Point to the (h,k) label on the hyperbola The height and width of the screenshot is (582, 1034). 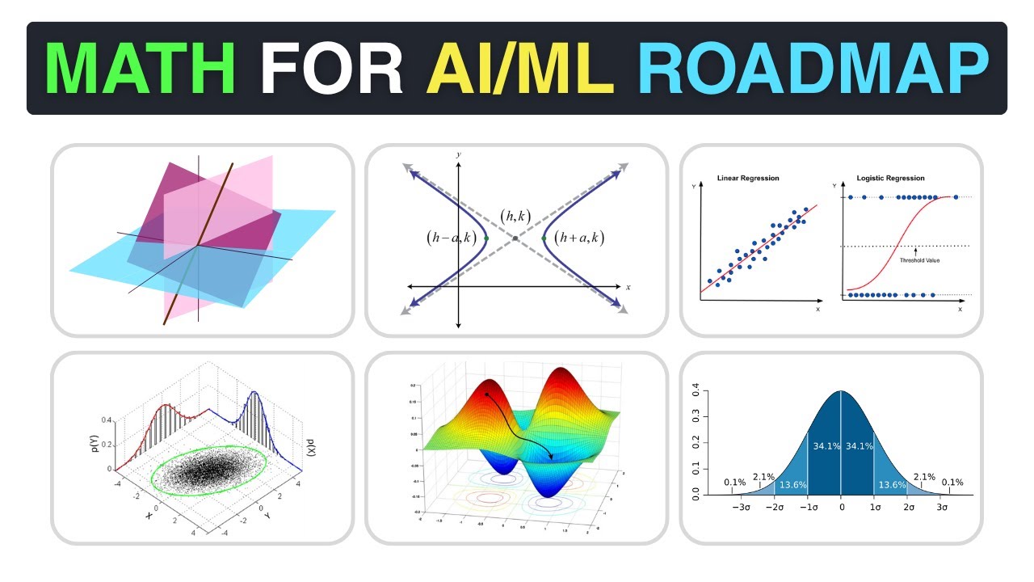515,217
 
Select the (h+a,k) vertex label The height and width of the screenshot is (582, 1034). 579,238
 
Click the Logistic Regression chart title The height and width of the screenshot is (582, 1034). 890,178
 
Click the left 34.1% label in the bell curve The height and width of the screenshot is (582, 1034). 823,445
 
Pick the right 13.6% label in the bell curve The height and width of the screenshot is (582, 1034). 891,484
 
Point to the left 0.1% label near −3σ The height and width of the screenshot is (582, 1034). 735,483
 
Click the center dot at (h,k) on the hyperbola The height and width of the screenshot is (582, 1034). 515,238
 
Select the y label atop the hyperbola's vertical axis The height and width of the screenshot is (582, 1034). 458,154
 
